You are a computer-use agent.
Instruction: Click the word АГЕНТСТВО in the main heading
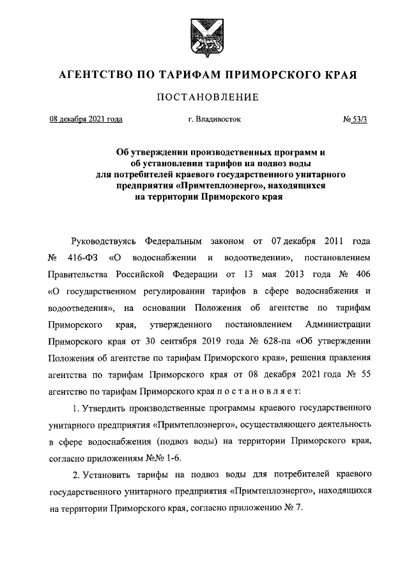[93, 75]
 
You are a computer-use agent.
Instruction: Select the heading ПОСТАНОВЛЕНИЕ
[204, 98]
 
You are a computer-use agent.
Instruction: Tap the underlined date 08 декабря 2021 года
[86, 118]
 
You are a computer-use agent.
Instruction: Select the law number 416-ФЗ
[81, 259]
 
